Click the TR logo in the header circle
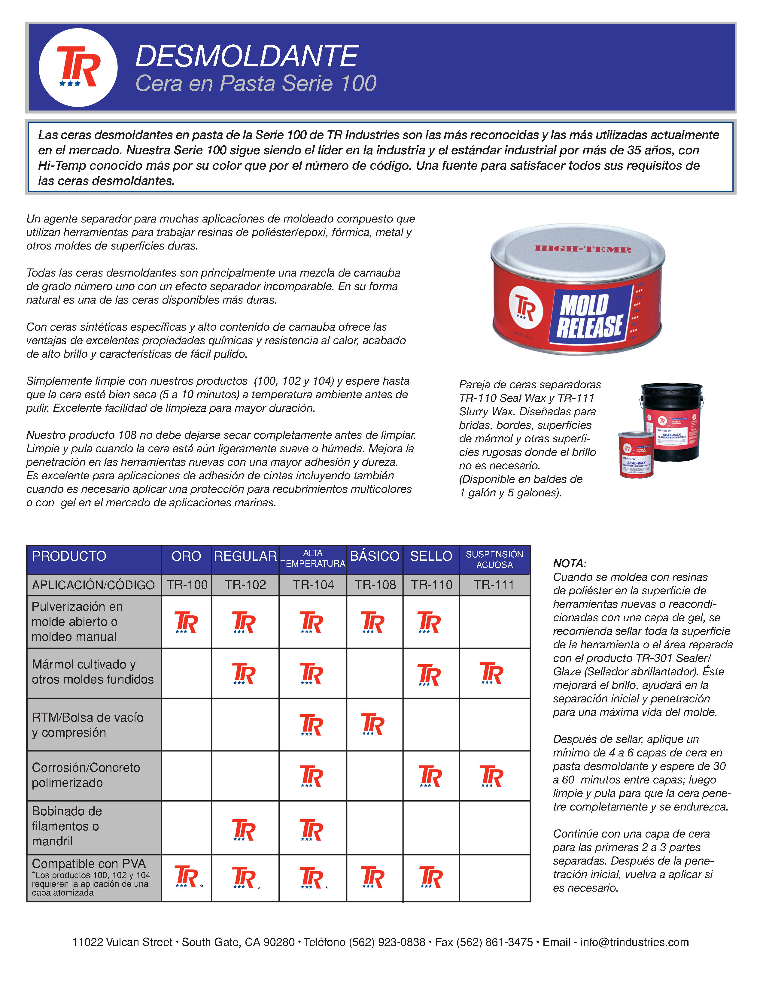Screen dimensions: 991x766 (x=78, y=67)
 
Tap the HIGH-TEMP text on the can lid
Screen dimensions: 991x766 (x=583, y=249)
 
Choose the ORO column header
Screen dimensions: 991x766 (x=186, y=556)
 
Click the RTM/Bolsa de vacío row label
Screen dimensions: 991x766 (x=88, y=725)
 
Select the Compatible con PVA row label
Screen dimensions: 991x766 (x=89, y=863)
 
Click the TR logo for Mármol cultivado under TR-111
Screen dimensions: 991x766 (x=491, y=673)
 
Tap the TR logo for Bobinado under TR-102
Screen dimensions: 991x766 (x=244, y=830)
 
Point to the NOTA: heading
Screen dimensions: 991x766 (x=570, y=564)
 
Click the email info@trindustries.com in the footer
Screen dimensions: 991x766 (x=634, y=942)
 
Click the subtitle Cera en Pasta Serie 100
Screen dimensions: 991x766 (x=256, y=83)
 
